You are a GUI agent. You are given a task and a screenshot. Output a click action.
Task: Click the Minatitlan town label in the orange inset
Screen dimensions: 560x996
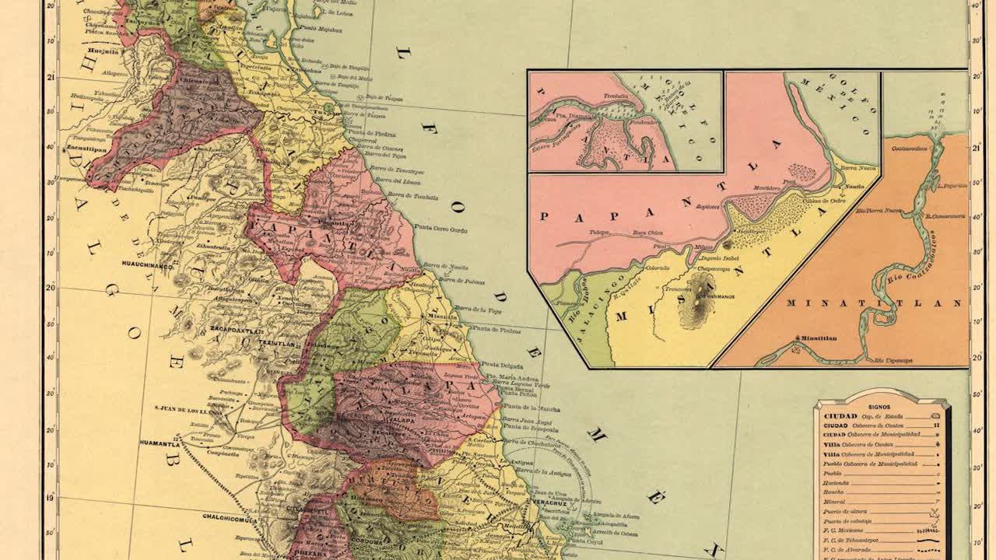tap(816, 338)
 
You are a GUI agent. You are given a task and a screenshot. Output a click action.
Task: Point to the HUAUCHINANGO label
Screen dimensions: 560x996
tap(146, 264)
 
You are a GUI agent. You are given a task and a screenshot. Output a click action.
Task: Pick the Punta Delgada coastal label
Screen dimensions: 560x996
tap(498, 364)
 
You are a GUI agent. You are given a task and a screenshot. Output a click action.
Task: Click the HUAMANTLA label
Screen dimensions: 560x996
tap(162, 443)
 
